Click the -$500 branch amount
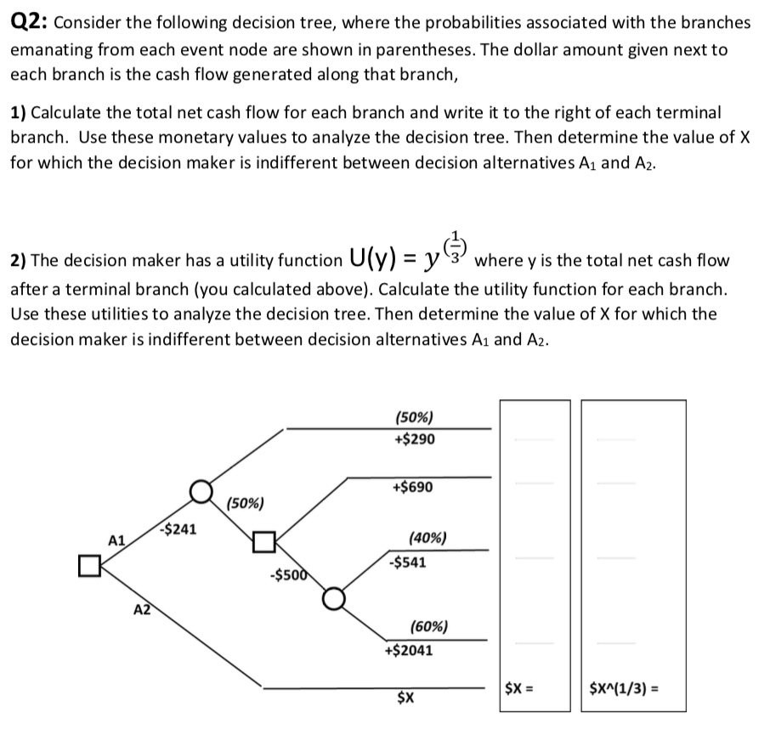tap(284, 574)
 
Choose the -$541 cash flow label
tap(407, 562)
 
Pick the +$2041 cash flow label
tap(409, 651)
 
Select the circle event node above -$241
tap(201, 491)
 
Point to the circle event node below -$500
tap(333, 598)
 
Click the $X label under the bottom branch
tap(406, 698)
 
